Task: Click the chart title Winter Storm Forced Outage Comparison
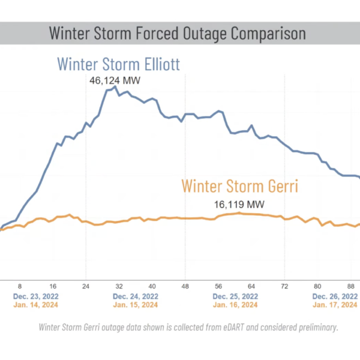177,34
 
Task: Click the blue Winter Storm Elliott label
118,64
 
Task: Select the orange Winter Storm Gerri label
239,186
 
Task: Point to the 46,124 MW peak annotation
115,80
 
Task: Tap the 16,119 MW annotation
239,205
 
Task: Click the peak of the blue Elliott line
115,87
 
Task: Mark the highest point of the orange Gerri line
239,213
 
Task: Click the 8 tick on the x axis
20,286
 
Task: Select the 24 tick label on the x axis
86,286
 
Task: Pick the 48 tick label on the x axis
185,286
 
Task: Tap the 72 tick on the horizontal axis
284,286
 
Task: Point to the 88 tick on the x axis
351,286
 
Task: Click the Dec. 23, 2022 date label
36,296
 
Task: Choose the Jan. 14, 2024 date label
36,305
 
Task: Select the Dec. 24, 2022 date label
136,296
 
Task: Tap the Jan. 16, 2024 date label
235,305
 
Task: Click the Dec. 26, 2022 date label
335,296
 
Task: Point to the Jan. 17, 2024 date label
335,305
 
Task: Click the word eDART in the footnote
233,327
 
